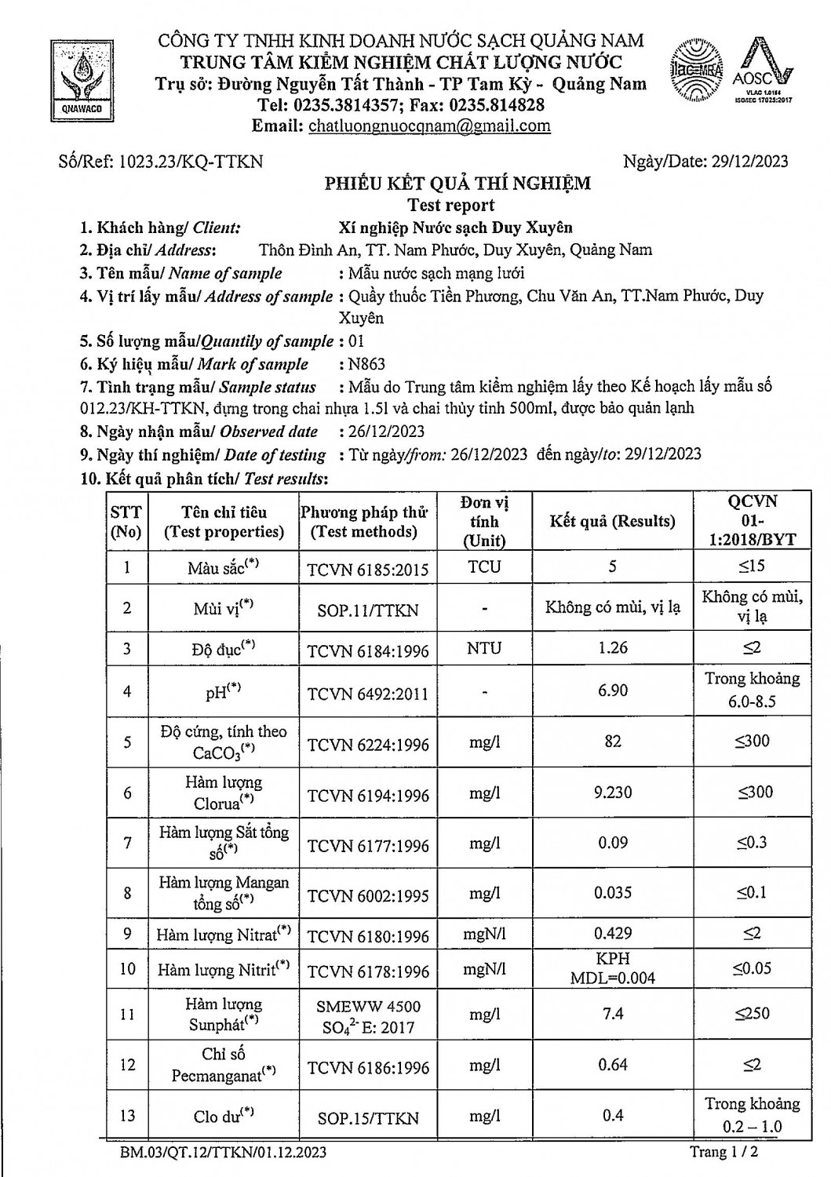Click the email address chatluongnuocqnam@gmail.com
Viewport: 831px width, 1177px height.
point(430,126)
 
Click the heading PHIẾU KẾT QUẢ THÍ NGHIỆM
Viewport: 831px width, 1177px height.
point(458,184)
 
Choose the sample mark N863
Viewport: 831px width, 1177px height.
point(367,364)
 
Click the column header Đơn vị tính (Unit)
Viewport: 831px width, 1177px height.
point(485,521)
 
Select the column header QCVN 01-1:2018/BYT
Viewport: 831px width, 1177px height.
point(753,520)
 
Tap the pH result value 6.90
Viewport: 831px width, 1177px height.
point(613,691)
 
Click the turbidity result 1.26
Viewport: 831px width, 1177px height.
point(613,648)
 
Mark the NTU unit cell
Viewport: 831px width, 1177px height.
point(485,648)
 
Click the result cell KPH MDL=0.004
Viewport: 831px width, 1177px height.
point(613,968)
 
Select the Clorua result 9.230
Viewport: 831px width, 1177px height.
point(613,793)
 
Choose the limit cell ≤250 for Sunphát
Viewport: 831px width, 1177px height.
point(753,1014)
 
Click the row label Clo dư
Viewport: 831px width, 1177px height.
point(224,1116)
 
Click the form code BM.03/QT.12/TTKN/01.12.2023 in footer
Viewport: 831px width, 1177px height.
point(224,1153)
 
